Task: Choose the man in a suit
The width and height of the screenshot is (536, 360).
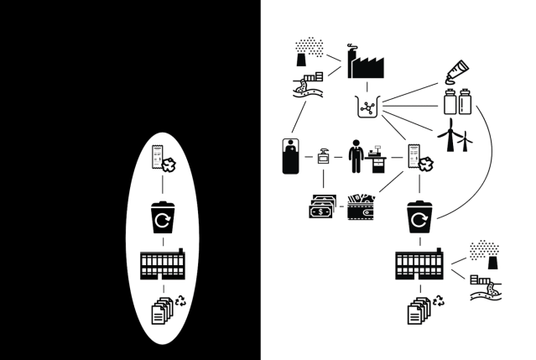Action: [356, 156]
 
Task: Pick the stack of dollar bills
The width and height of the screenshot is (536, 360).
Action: [321, 206]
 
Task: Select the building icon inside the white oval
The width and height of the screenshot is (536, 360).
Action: [162, 265]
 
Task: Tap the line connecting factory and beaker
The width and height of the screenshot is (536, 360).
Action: [363, 88]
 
